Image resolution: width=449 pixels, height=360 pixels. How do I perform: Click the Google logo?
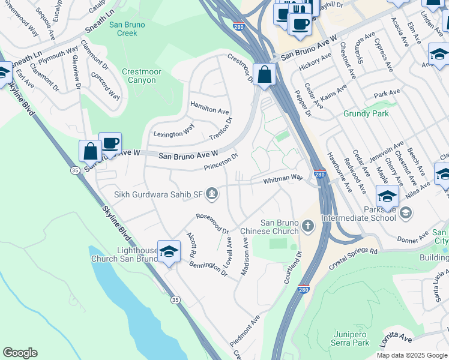coord(20,353)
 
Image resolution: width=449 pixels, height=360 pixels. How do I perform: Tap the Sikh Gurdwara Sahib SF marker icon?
coord(211,193)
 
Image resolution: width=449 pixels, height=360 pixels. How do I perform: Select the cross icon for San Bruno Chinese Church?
coord(307,226)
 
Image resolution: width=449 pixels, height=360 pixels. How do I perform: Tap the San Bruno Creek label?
coord(123,29)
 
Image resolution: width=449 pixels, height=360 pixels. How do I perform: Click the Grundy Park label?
coord(366,113)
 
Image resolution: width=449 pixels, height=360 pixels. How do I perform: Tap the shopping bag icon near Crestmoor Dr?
coord(264,75)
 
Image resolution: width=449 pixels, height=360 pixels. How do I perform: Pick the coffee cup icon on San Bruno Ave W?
coord(110,143)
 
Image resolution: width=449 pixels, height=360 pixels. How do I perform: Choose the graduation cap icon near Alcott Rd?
coord(169,251)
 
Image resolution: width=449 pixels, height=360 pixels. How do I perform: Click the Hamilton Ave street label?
coord(209,107)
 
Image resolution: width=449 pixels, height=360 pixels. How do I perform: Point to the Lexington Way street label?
coord(173,130)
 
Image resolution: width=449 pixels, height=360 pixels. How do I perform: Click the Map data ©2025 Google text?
coord(411,355)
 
